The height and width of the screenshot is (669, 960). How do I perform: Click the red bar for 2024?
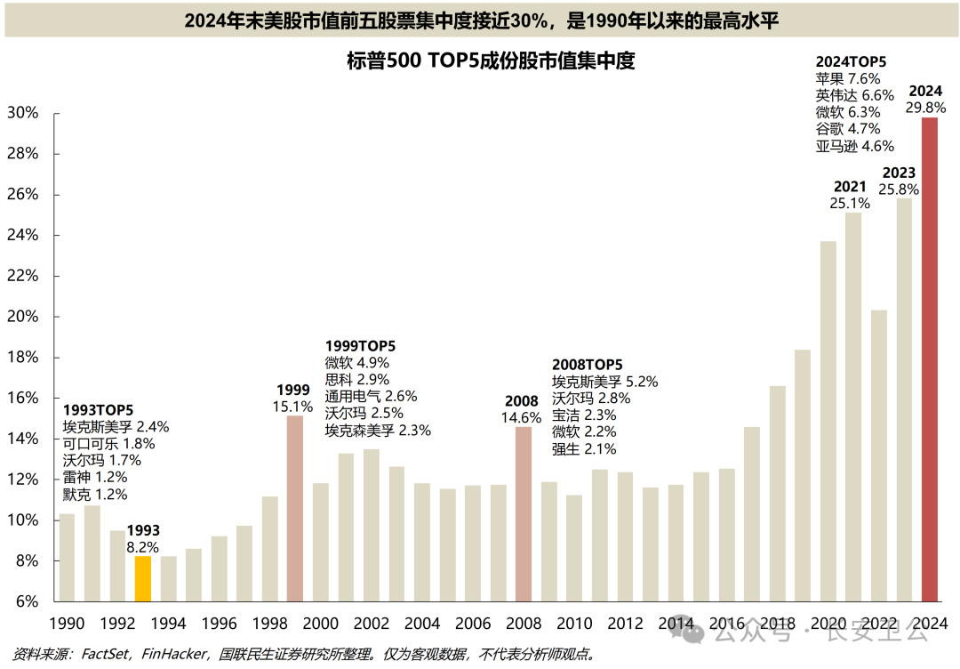(x=929, y=359)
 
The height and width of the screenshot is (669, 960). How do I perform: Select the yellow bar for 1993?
(x=142, y=579)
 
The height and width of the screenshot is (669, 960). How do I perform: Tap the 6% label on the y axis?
(x=25, y=602)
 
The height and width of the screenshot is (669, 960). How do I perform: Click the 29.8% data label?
(x=925, y=107)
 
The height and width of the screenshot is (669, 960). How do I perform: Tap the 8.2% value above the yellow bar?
(x=143, y=548)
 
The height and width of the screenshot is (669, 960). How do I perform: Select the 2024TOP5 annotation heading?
(x=851, y=61)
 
